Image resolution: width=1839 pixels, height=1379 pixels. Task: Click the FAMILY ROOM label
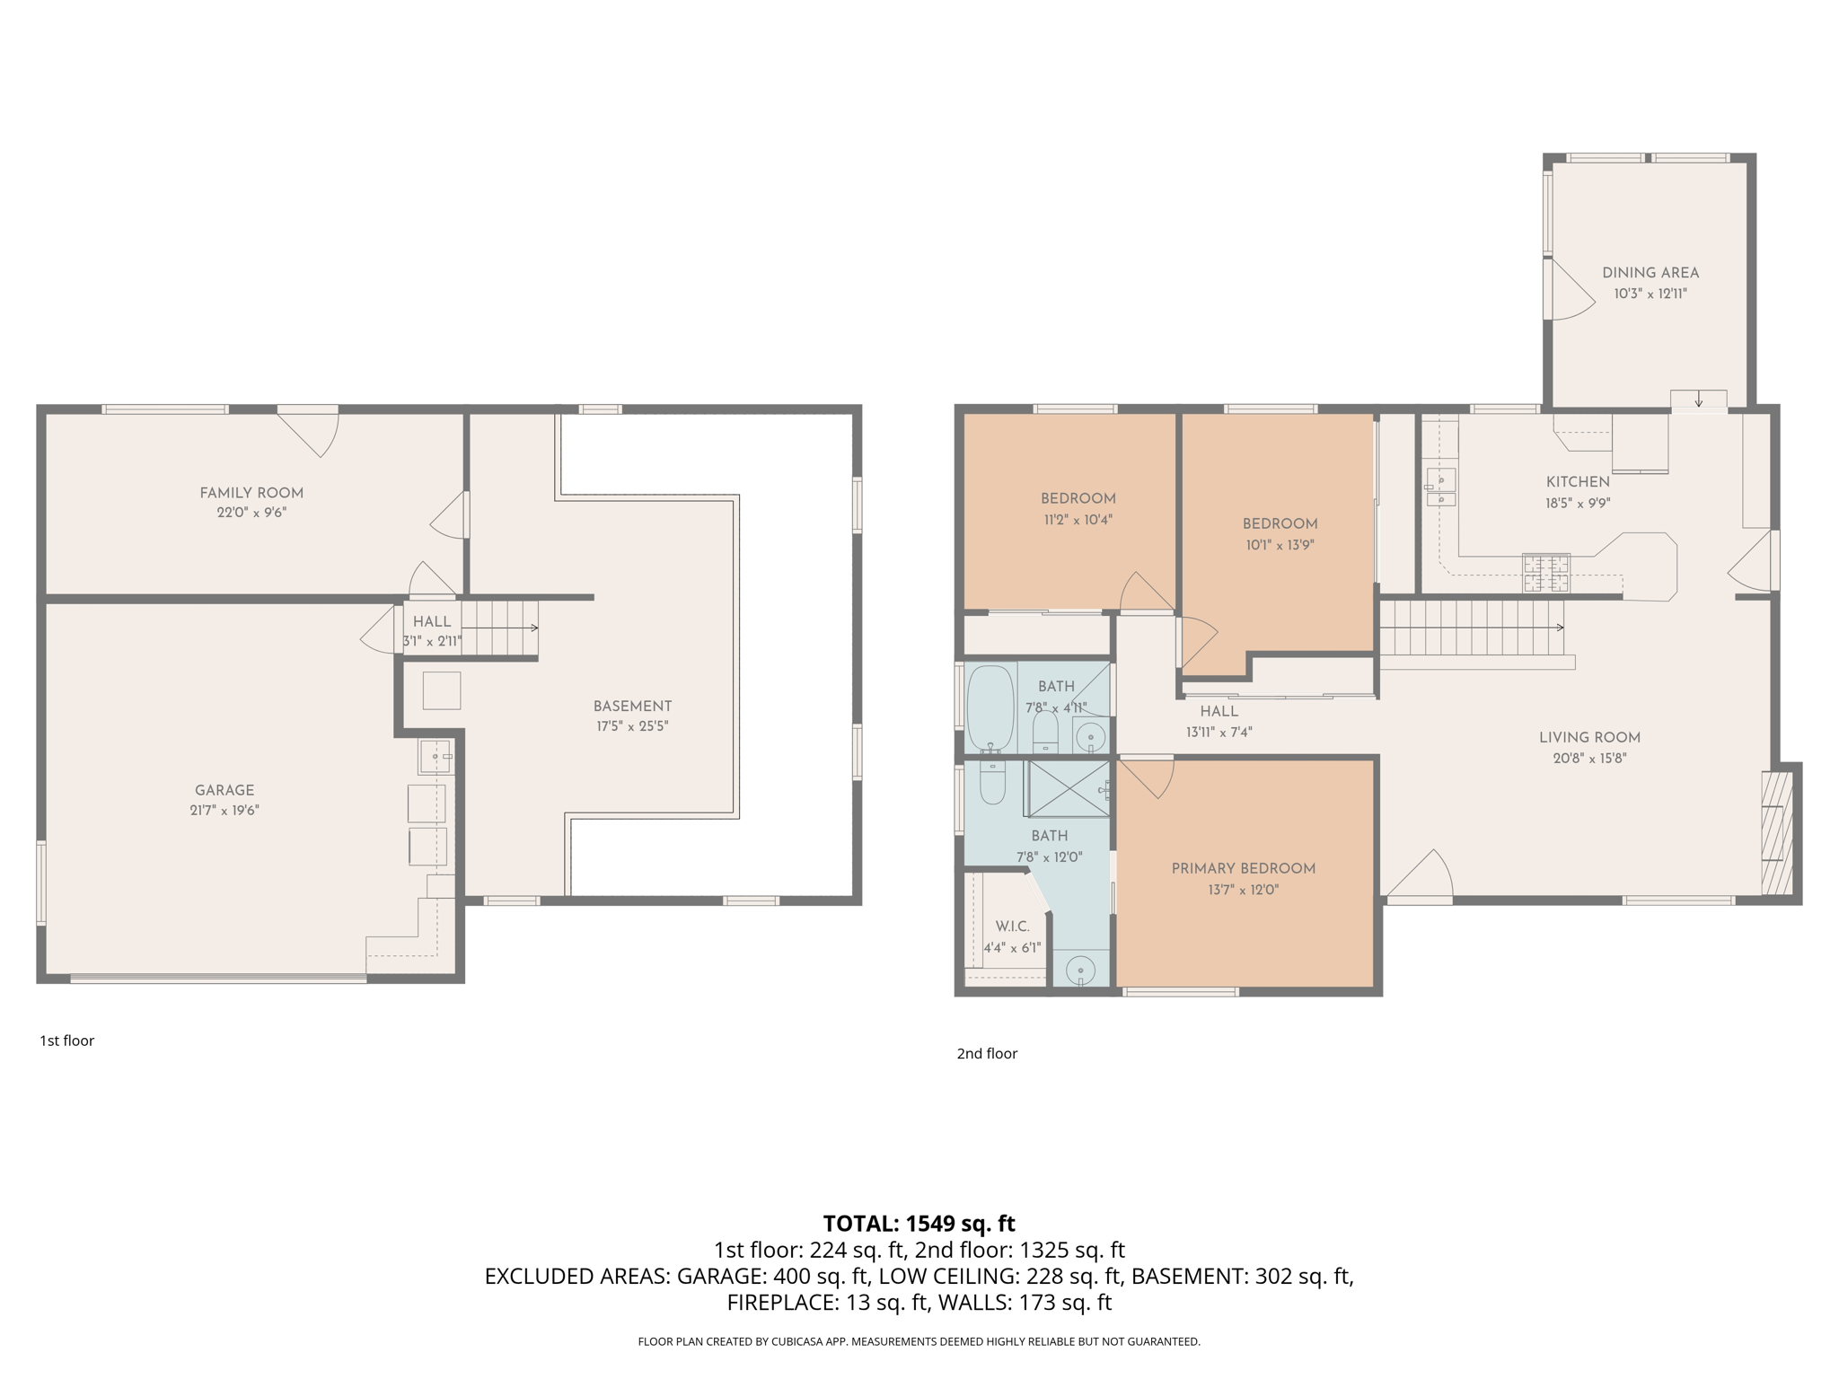pos(251,492)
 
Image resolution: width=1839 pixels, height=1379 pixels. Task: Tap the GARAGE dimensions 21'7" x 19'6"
pos(224,810)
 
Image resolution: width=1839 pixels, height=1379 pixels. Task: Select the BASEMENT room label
pos(632,706)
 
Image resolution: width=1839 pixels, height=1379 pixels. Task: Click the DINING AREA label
pos(1650,272)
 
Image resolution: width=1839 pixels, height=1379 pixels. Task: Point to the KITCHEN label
pos(1578,481)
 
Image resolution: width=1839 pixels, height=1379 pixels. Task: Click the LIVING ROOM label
pos(1589,737)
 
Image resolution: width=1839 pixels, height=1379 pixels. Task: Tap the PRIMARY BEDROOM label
pos(1243,868)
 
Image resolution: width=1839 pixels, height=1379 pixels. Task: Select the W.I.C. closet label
pos(1012,926)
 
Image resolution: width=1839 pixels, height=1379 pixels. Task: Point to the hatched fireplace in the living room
pos(1776,832)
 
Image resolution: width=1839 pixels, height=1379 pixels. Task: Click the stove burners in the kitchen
pos(1545,574)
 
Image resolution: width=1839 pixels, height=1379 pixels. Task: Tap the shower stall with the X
pos(1067,788)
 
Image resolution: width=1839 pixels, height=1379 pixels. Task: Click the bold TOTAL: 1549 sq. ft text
pos(919,1223)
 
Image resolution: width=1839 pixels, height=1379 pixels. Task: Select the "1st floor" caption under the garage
pos(66,1041)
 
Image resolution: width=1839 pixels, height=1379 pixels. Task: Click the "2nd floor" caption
pos(987,1053)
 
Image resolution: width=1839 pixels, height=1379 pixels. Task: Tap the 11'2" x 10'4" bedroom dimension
pos(1078,519)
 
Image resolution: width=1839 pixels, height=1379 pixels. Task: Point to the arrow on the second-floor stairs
pos(1559,628)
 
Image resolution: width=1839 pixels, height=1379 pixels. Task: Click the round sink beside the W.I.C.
pos(1080,971)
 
